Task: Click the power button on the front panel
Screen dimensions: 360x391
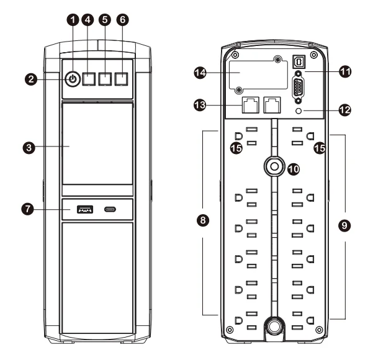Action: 73,79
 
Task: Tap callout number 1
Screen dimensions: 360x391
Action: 73,20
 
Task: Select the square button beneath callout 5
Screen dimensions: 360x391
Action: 106,79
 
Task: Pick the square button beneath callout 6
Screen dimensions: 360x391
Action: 122,79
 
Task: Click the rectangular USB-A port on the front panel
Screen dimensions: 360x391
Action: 84,210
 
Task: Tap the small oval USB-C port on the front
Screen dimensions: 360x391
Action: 109,210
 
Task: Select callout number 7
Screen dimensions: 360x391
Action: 27,210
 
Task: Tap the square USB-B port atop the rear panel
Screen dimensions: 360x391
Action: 299,62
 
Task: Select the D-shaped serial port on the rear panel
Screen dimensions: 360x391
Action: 299,88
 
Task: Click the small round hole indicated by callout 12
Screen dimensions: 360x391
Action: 300,110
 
